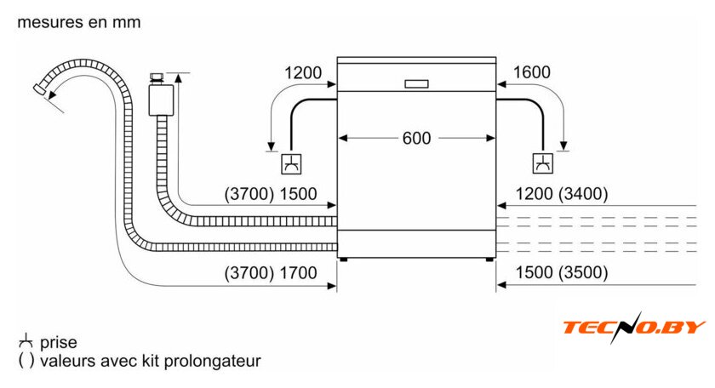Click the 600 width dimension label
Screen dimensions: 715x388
(x=416, y=138)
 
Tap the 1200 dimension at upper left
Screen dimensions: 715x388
(x=303, y=73)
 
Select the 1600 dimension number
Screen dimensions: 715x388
(x=532, y=72)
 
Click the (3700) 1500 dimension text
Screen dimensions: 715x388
(x=271, y=194)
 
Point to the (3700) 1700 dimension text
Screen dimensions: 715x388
(x=271, y=273)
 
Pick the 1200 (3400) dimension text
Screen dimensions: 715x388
(x=562, y=194)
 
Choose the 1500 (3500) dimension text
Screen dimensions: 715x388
(x=562, y=272)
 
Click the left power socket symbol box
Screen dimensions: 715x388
(x=291, y=163)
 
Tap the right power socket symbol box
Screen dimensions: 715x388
(x=543, y=163)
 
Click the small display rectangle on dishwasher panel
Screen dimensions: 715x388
(x=417, y=84)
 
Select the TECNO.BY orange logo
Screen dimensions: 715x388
(x=634, y=327)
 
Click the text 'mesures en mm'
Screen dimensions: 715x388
(x=79, y=22)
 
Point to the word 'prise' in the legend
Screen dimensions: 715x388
(x=59, y=342)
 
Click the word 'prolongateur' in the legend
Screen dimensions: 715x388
(x=213, y=361)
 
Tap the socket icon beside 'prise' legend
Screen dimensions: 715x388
(x=26, y=341)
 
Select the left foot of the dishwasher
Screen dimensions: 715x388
(x=343, y=260)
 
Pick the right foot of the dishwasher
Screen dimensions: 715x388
(x=489, y=260)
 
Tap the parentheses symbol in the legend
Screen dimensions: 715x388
(x=26, y=361)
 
